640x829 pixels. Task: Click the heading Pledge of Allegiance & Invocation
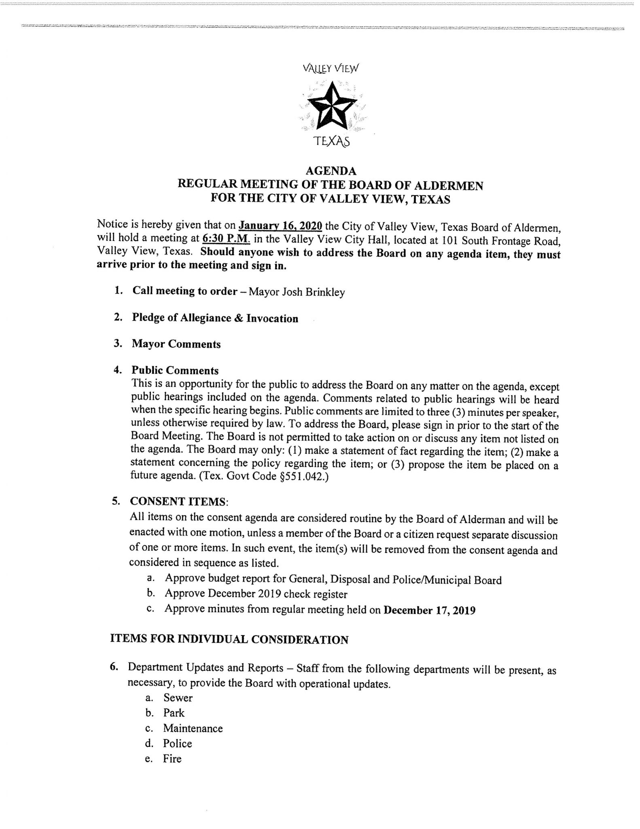click(215, 318)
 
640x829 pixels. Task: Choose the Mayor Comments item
click(176, 344)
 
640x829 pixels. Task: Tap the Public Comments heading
click(175, 370)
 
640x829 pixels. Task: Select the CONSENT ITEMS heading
click(178, 501)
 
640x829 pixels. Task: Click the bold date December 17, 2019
click(429, 610)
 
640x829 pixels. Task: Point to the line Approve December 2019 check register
click(256, 594)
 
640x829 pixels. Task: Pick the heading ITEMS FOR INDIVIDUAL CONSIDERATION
click(229, 640)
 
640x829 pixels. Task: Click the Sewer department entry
click(178, 697)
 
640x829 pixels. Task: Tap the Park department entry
click(174, 713)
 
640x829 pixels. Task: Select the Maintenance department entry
click(193, 728)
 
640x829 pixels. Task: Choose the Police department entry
click(177, 743)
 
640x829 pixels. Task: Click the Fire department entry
click(172, 759)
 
